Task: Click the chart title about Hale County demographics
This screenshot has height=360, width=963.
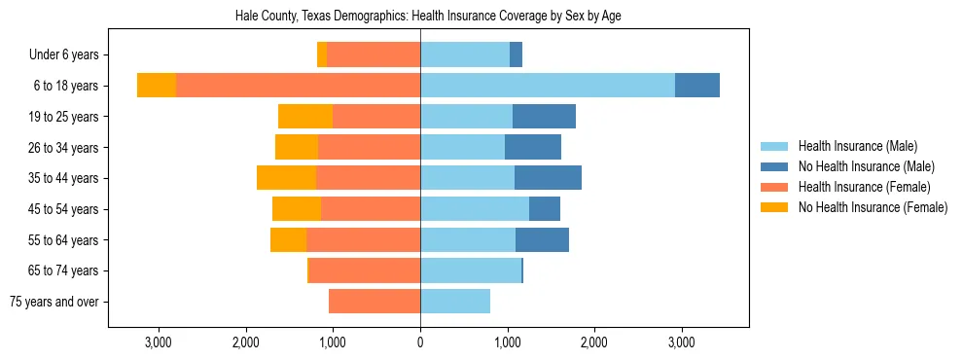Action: (428, 17)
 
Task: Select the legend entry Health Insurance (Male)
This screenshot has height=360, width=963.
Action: (856, 146)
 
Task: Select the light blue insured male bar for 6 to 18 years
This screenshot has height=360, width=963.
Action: (548, 86)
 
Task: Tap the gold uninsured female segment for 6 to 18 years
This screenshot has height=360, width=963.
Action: (157, 86)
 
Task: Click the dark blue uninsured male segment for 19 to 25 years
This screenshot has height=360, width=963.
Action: (544, 117)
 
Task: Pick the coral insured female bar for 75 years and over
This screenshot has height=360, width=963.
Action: (374, 302)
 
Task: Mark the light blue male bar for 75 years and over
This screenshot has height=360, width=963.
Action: (455, 302)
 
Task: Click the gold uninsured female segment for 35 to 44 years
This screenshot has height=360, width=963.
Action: (286, 178)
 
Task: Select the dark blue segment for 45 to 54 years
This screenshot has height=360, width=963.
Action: (545, 209)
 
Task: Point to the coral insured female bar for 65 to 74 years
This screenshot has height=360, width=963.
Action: (365, 270)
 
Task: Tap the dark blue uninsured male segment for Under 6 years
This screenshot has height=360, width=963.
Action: (516, 55)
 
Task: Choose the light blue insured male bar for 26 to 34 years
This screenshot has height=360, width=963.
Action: (462, 148)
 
